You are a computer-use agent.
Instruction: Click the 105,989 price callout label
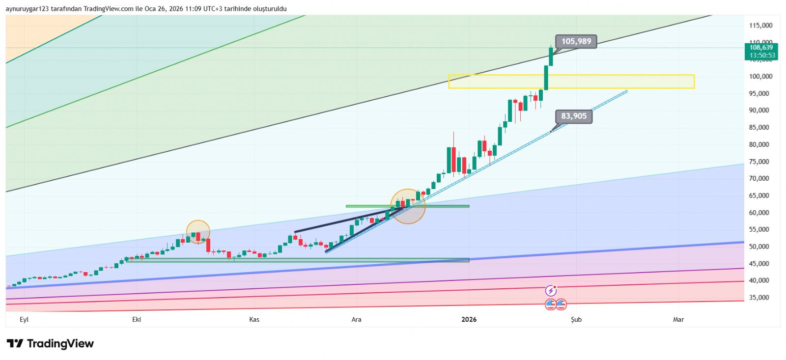(x=576, y=42)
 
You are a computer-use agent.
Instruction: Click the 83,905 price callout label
(x=574, y=116)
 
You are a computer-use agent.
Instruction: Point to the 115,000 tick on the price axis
(x=760, y=26)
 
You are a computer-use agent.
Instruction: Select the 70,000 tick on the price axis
(x=759, y=179)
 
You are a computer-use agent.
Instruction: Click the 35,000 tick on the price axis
(x=759, y=298)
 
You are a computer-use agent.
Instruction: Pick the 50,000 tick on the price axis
(x=759, y=247)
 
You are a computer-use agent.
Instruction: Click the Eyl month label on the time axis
(x=24, y=320)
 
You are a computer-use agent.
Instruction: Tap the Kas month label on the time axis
(x=254, y=320)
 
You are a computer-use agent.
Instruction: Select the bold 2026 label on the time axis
(x=469, y=320)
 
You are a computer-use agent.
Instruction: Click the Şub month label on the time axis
(x=576, y=320)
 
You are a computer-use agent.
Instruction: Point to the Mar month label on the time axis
(x=678, y=320)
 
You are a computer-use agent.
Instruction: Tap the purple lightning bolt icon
(x=551, y=291)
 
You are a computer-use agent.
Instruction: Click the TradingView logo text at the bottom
(x=50, y=344)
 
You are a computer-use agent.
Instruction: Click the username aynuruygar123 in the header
(x=27, y=9)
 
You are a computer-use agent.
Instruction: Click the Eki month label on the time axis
(x=137, y=320)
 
